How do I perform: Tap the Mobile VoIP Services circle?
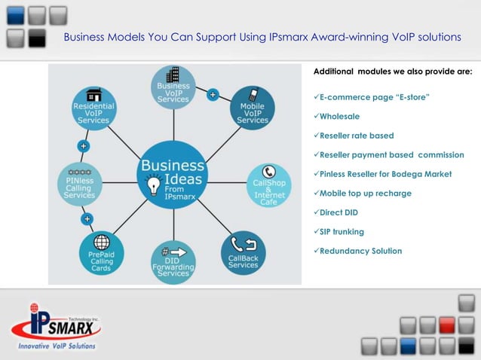coord(253,107)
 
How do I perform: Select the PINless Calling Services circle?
coord(79,185)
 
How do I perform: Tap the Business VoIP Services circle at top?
coord(173,87)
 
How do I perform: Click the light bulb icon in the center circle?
coord(154,184)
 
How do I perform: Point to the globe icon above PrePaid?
coord(101,243)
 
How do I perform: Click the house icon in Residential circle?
coord(94,95)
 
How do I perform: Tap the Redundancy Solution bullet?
coord(360,251)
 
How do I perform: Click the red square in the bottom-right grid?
coord(447,325)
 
